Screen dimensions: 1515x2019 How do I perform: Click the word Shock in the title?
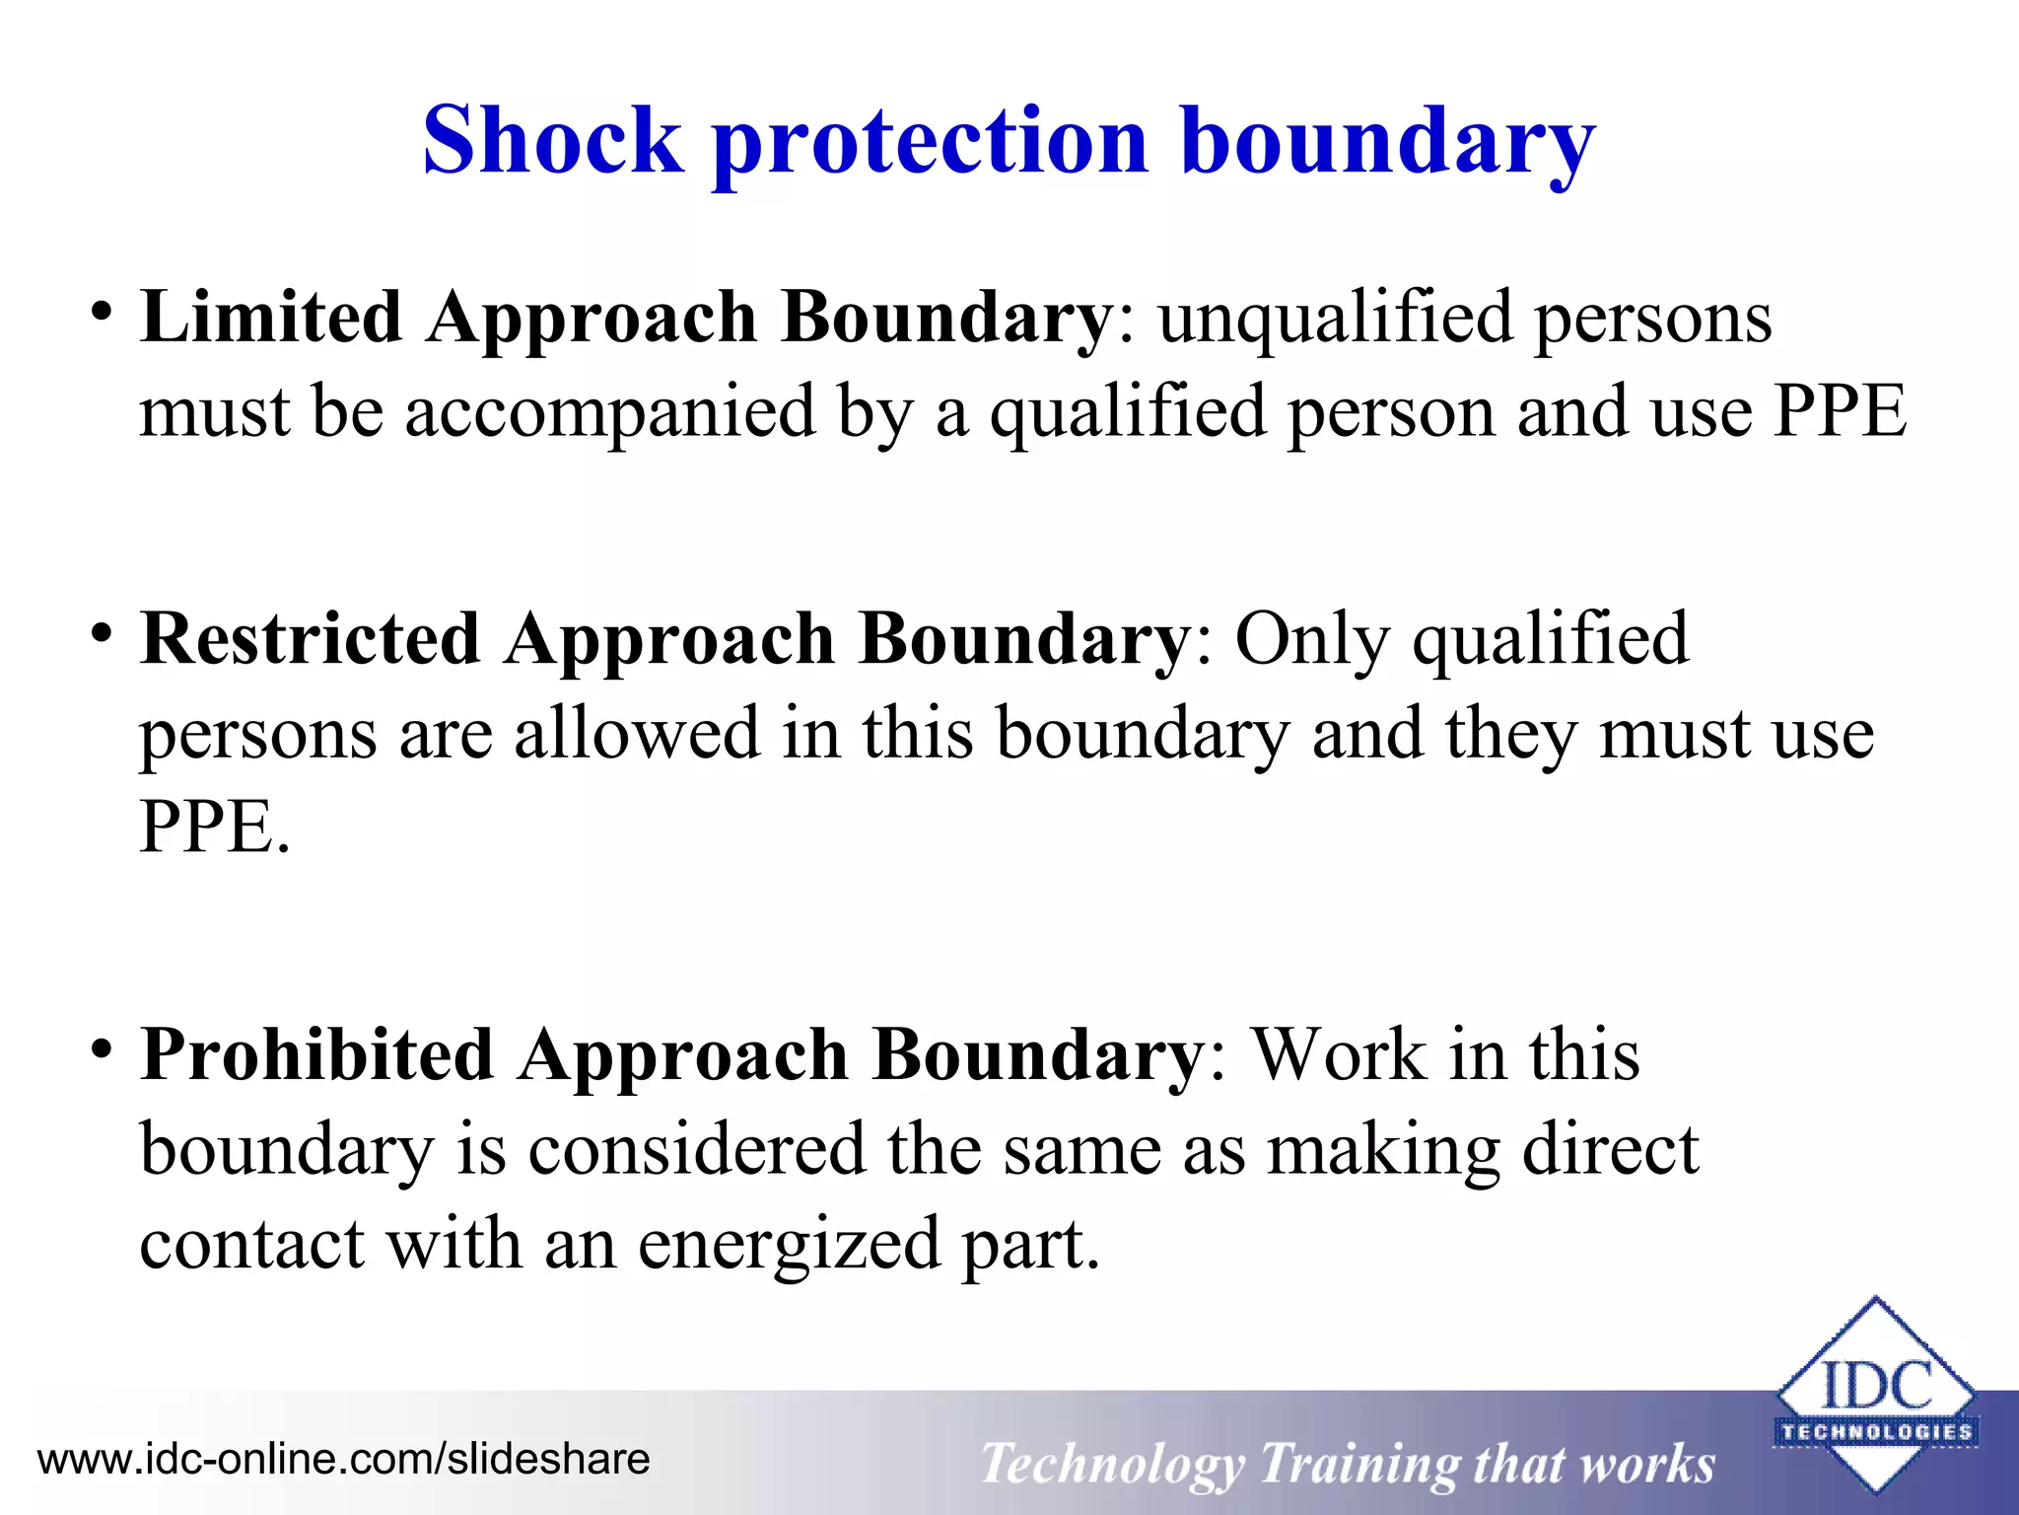[x=552, y=141]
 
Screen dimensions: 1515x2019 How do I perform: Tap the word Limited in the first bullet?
[x=270, y=318]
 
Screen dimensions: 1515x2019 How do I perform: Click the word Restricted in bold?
[x=310, y=639]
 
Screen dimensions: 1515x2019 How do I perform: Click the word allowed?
[x=637, y=733]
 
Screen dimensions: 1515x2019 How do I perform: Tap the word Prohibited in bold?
[x=316, y=1055]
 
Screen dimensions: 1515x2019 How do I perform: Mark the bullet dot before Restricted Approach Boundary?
[x=100, y=634]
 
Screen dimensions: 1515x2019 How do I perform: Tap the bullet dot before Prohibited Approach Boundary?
[x=100, y=1049]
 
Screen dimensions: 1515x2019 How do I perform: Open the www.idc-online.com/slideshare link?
[x=344, y=1459]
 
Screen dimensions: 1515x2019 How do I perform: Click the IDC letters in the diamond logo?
[x=1875, y=1386]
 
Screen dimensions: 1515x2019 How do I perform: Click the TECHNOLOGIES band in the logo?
[x=1875, y=1432]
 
